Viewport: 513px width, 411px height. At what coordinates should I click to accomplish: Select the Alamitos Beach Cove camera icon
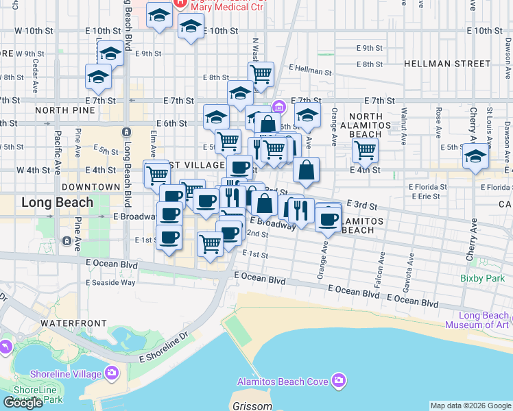coord(338,380)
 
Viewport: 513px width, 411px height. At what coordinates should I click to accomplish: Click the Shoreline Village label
coord(66,374)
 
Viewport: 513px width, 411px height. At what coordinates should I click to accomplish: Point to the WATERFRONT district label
coord(73,323)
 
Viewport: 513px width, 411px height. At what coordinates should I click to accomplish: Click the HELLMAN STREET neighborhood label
coord(447,64)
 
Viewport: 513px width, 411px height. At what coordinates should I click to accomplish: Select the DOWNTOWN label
coord(91,186)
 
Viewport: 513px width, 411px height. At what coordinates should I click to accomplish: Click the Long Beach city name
coord(57,203)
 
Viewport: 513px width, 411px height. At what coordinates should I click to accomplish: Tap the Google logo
coord(23,403)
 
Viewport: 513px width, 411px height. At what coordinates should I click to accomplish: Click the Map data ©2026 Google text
coord(470,406)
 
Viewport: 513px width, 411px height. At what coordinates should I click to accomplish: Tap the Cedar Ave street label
coord(35,67)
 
